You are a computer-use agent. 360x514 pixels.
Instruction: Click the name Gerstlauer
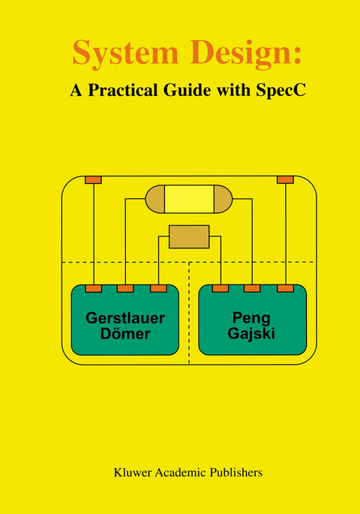click(x=124, y=316)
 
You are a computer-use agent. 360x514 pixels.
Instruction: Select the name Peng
click(x=253, y=316)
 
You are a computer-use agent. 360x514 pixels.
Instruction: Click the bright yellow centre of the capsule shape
click(x=189, y=199)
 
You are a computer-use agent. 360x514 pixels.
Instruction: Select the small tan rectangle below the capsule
click(x=189, y=236)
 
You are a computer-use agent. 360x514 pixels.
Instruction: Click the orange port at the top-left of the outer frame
click(x=93, y=180)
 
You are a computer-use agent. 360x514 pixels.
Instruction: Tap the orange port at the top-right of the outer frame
click(x=285, y=180)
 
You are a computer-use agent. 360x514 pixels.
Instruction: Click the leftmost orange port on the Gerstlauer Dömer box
click(x=93, y=288)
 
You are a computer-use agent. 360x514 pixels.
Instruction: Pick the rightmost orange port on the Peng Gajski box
click(x=285, y=288)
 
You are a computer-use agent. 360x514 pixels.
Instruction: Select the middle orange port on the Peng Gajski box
click(x=253, y=288)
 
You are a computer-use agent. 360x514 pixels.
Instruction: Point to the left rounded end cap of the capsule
click(x=154, y=199)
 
